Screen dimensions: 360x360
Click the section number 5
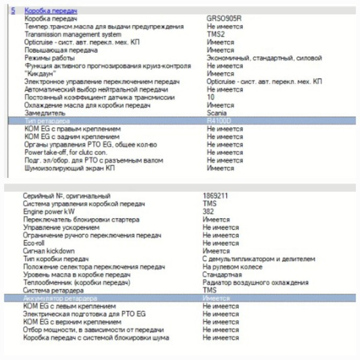click(13, 10)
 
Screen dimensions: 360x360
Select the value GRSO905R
click(224, 18)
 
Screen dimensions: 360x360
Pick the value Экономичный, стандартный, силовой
click(264, 57)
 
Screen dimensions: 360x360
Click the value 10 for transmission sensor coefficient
click(211, 97)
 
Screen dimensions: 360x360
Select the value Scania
click(217, 113)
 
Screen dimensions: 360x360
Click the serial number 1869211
click(215, 196)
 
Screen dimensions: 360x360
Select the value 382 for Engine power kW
click(208, 212)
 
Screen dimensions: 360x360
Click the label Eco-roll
click(34, 243)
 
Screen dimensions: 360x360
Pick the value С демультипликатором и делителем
click(258, 259)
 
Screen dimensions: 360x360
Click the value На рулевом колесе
click(232, 267)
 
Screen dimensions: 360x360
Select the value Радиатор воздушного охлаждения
click(255, 283)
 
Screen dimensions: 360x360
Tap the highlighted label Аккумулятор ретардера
click(60, 298)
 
